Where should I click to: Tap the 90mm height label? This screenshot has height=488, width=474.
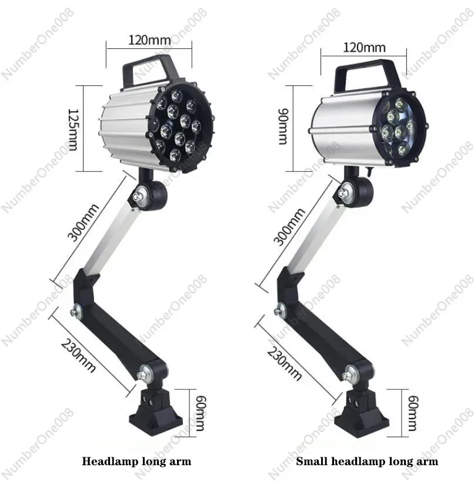pos(282,128)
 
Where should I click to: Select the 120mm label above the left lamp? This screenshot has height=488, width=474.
pos(150,41)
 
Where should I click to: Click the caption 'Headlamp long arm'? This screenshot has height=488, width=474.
pos(136,462)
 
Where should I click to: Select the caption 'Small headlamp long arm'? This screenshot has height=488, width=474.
pos(367,462)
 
